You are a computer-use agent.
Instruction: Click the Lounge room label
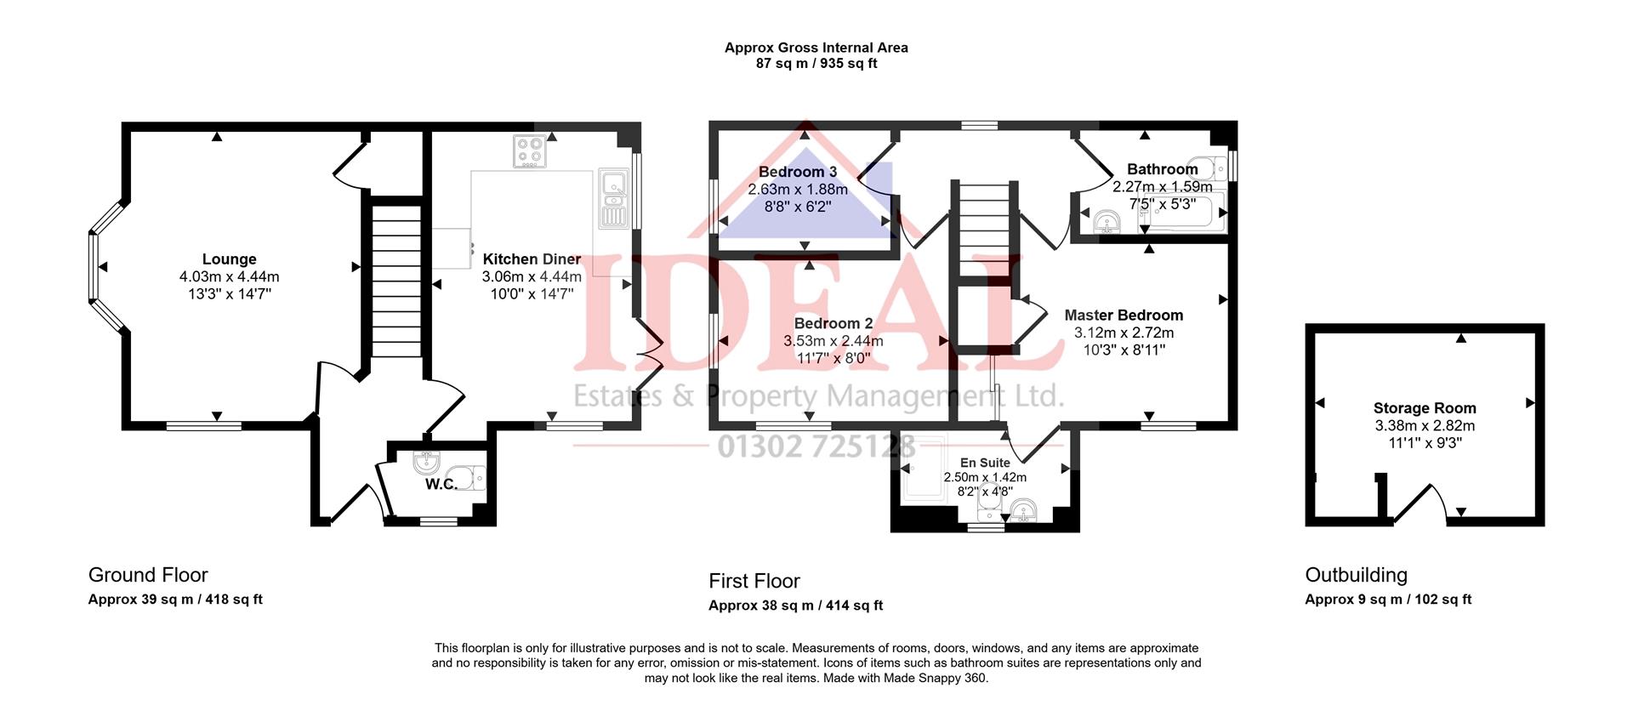pyautogui.click(x=229, y=259)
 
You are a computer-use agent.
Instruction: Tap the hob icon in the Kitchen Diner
pyautogui.click(x=529, y=151)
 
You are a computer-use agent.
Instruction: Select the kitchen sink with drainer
pyautogui.click(x=612, y=199)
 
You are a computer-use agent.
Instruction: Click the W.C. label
pyautogui.click(x=441, y=485)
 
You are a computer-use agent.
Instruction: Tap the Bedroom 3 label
pyautogui.click(x=797, y=172)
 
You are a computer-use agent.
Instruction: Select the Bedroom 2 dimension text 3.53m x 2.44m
pyautogui.click(x=833, y=341)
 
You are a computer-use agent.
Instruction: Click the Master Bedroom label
pyautogui.click(x=1123, y=315)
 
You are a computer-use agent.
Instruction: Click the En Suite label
pyautogui.click(x=985, y=463)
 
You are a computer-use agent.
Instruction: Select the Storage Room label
pyautogui.click(x=1424, y=408)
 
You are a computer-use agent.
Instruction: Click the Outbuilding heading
pyautogui.click(x=1356, y=575)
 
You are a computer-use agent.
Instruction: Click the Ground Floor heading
pyautogui.click(x=148, y=575)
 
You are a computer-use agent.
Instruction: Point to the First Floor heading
pyautogui.click(x=754, y=581)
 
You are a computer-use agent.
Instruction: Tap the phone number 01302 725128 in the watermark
pyautogui.click(x=816, y=446)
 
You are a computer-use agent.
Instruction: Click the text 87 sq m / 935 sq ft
pyautogui.click(x=816, y=64)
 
